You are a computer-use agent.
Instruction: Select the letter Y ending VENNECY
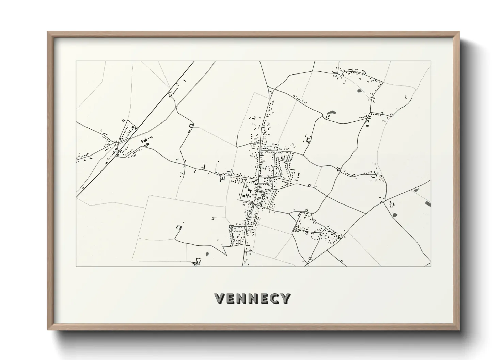pyautogui.click(x=284, y=299)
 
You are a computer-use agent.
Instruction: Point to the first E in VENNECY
pyautogui.click(x=231, y=299)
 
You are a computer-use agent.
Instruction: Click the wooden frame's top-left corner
pyautogui.click(x=48, y=32)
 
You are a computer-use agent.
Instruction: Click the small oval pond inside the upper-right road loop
pyautogui.click(x=358, y=91)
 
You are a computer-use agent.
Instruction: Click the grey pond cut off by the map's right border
pyautogui.click(x=428, y=204)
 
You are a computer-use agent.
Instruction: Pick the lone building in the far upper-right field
pyautogui.click(x=406, y=97)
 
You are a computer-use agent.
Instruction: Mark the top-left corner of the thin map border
pyautogui.click(x=76, y=61)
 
